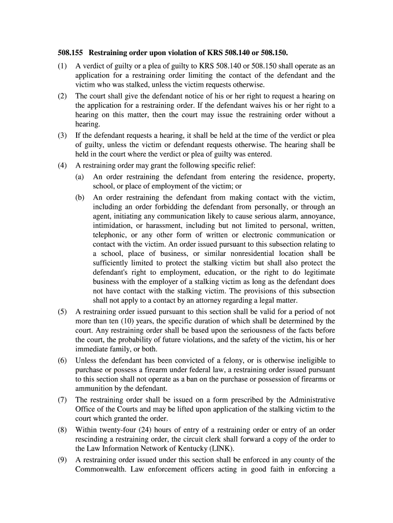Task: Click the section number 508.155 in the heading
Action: tap(70, 53)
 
